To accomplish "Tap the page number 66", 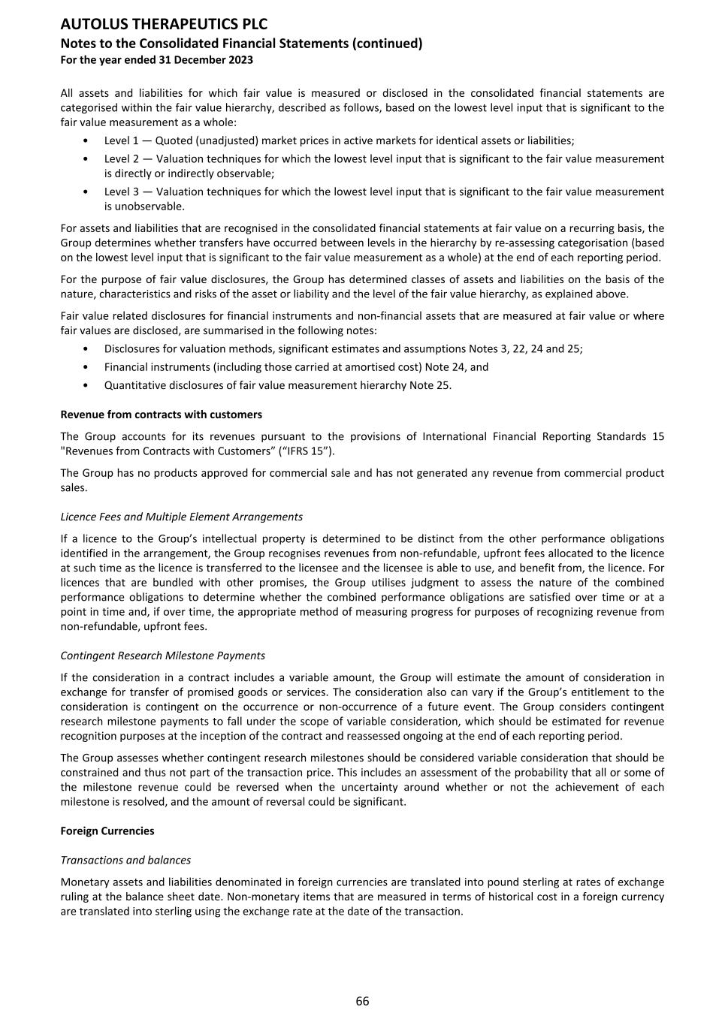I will pos(362,1001).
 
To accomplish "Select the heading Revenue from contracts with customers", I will pos(161,415).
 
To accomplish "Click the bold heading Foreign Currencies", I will pos(107,831).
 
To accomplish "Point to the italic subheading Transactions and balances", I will pos(125,860).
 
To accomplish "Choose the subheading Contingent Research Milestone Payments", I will pos(162,656).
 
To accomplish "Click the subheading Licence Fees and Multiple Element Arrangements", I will pos(181,517).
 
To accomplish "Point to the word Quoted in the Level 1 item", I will pos(174,140).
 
